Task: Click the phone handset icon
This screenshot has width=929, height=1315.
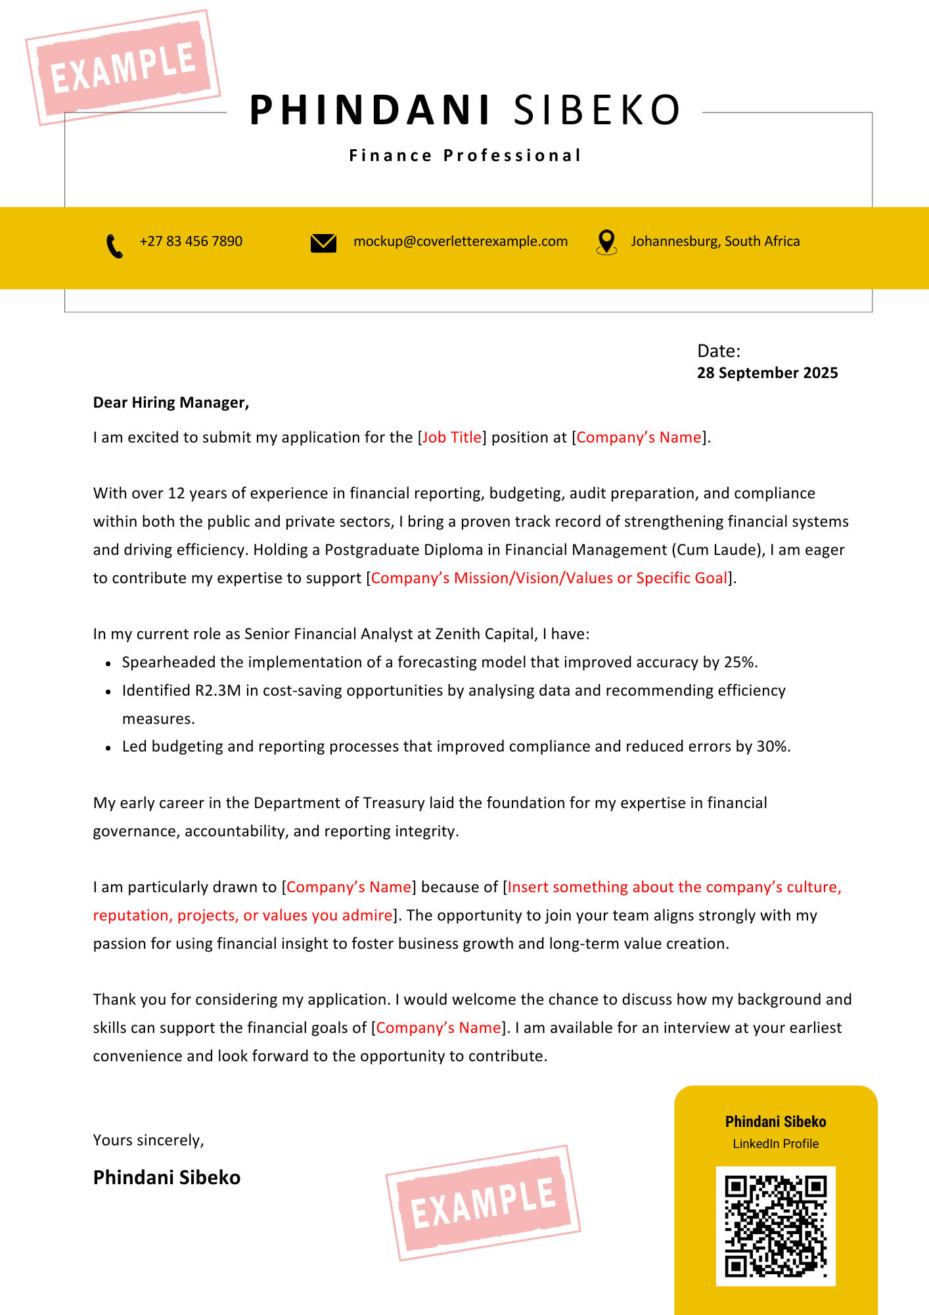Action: [114, 246]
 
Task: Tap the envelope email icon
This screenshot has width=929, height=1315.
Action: [323, 243]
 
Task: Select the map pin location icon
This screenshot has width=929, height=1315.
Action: [606, 242]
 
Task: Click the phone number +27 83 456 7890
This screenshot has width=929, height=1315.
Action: [191, 241]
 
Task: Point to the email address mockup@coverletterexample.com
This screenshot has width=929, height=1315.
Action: [461, 241]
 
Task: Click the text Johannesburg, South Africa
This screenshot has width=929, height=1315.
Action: [715, 241]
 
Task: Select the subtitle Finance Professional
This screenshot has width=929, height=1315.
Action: [465, 156]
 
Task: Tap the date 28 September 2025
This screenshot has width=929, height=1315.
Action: [767, 373]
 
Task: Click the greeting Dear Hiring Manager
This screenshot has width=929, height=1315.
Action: [171, 402]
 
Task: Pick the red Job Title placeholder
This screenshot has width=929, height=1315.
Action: [452, 437]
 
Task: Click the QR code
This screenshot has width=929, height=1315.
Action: [775, 1226]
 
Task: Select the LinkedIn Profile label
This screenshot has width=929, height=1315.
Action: [775, 1143]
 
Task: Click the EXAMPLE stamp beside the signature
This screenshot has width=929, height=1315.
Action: [484, 1203]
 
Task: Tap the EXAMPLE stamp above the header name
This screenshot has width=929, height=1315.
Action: [124, 67]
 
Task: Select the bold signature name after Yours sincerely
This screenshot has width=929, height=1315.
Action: [167, 1177]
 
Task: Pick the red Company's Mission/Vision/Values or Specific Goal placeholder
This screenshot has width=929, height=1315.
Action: [549, 578]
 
